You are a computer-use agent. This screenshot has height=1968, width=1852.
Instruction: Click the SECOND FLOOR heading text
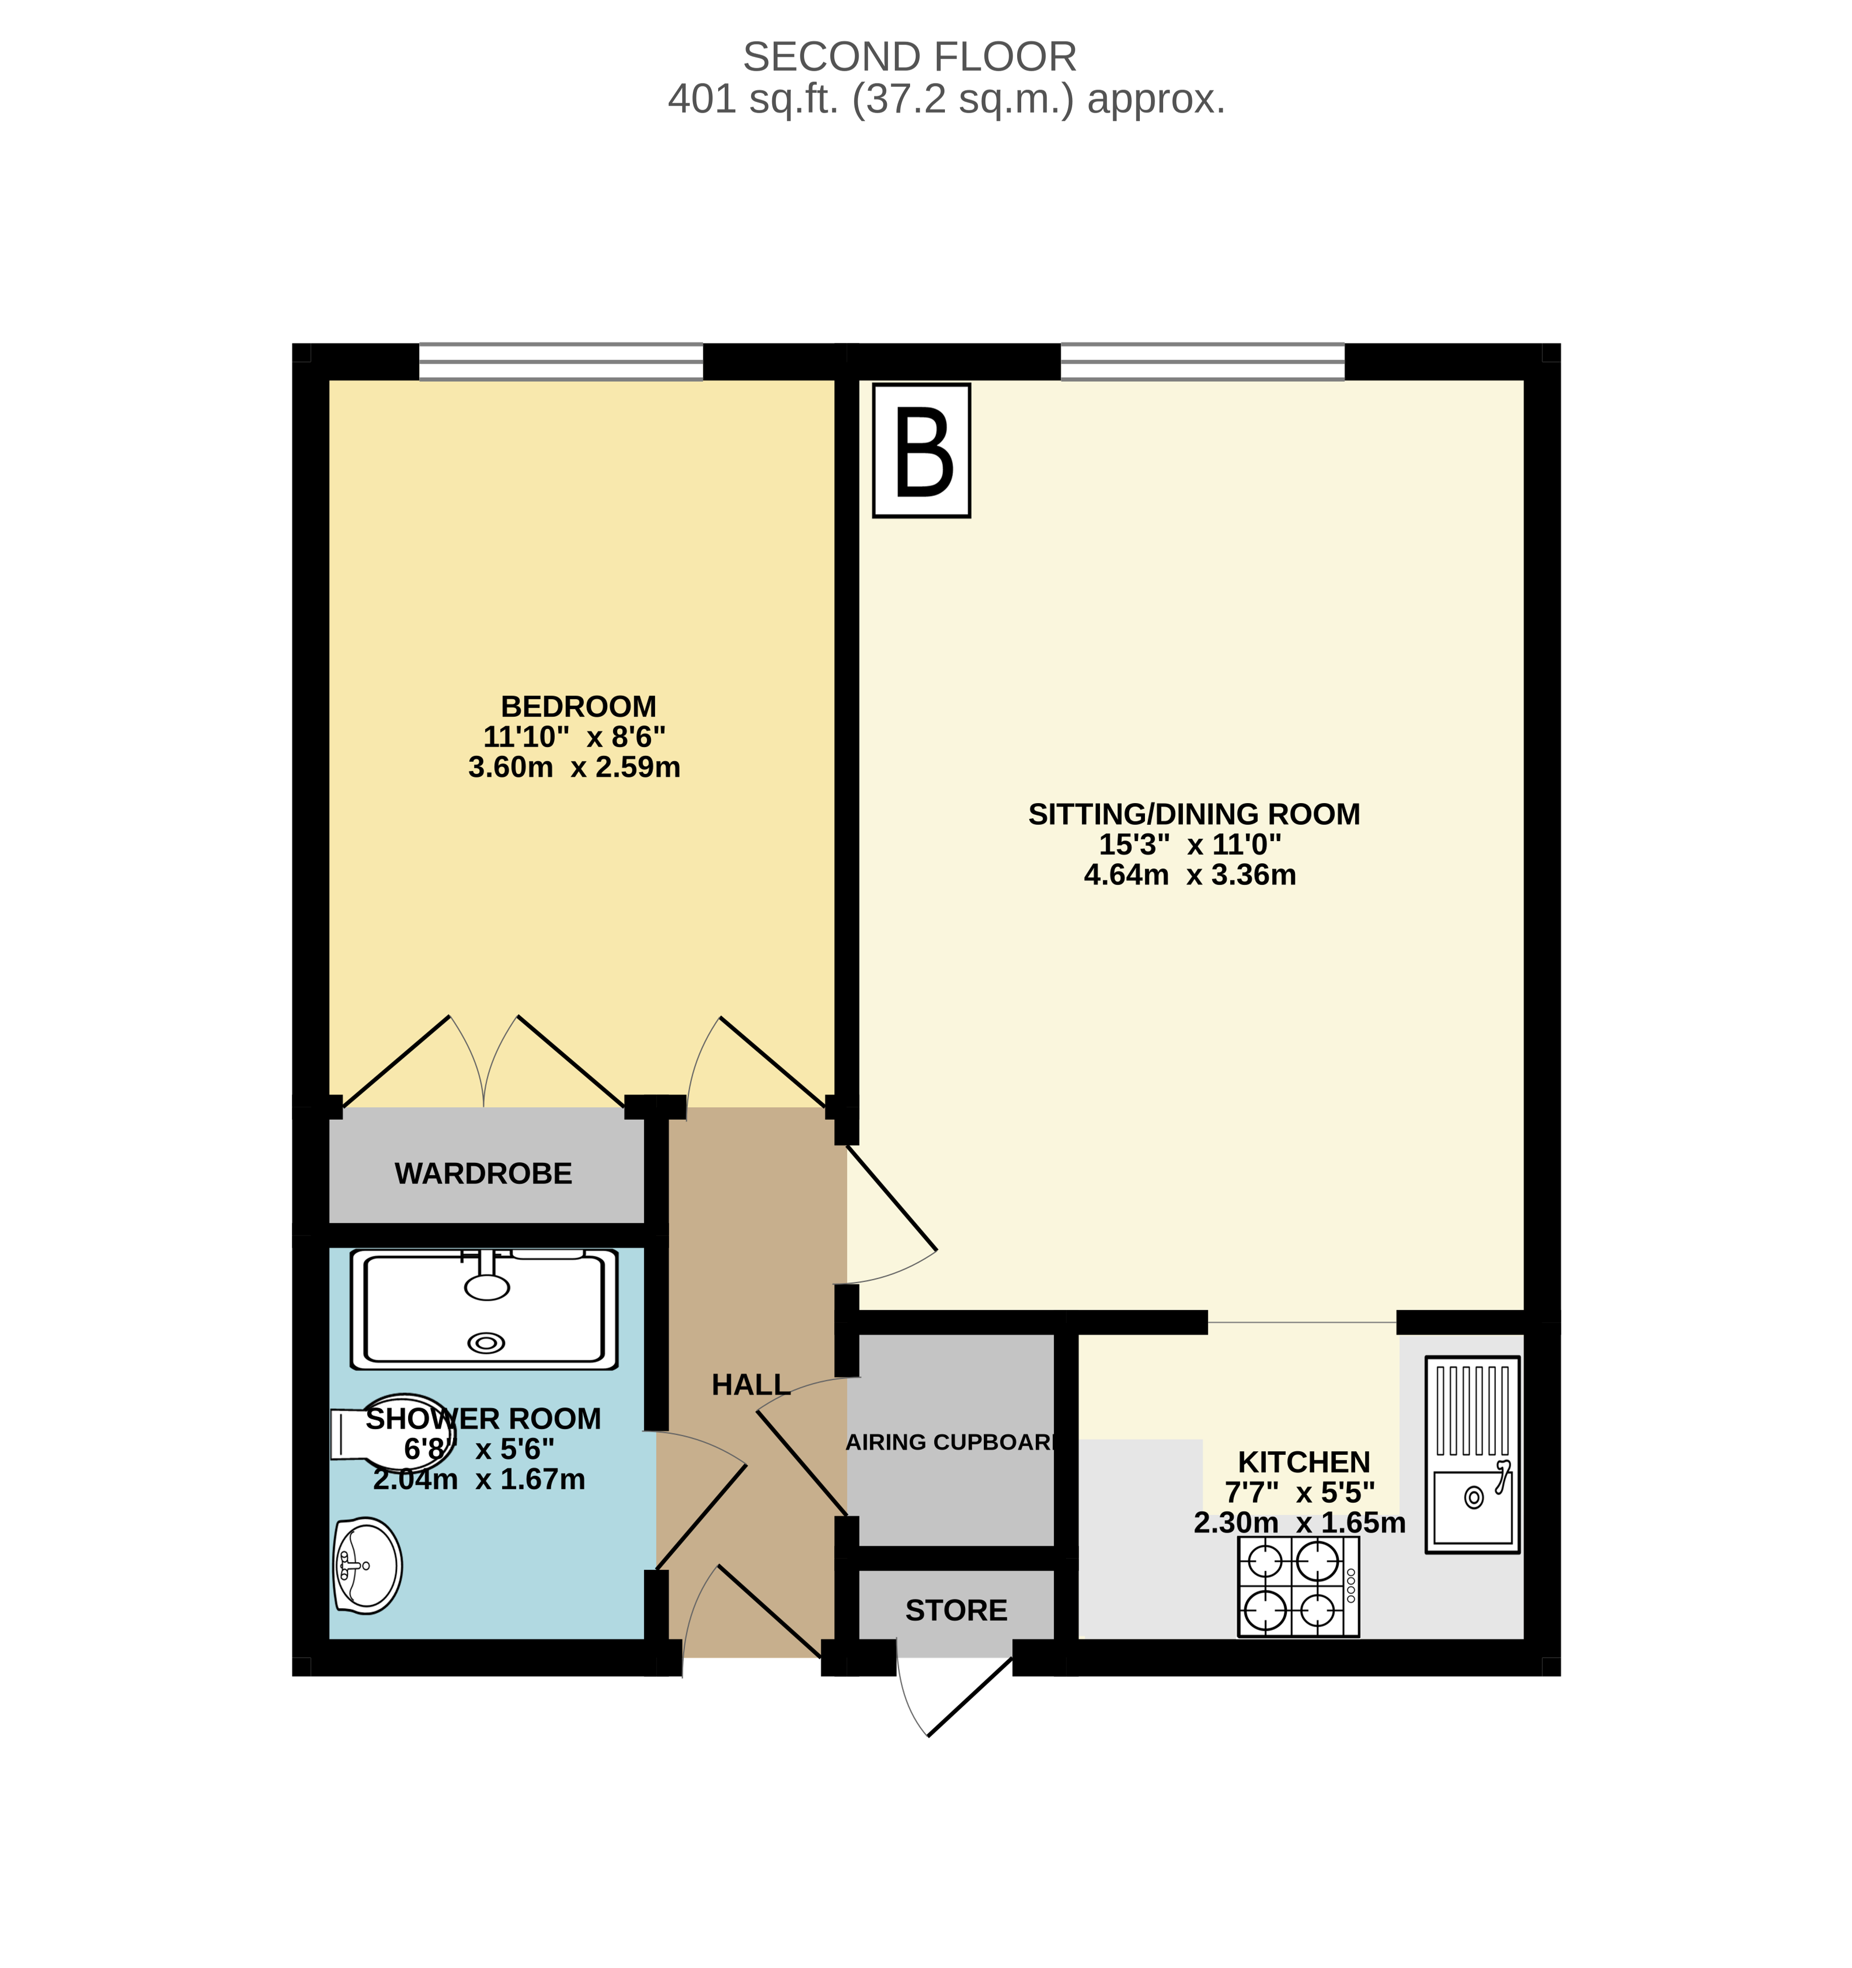point(910,58)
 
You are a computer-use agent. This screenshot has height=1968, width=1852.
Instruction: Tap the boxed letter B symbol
point(922,451)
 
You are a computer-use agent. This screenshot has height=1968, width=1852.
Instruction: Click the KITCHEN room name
point(1304,1462)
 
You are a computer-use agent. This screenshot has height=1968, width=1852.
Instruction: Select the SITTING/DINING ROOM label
point(1194,814)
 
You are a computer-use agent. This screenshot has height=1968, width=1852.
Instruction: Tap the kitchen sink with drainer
point(1472,1454)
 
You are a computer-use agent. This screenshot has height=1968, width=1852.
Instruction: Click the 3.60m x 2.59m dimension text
point(574,767)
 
